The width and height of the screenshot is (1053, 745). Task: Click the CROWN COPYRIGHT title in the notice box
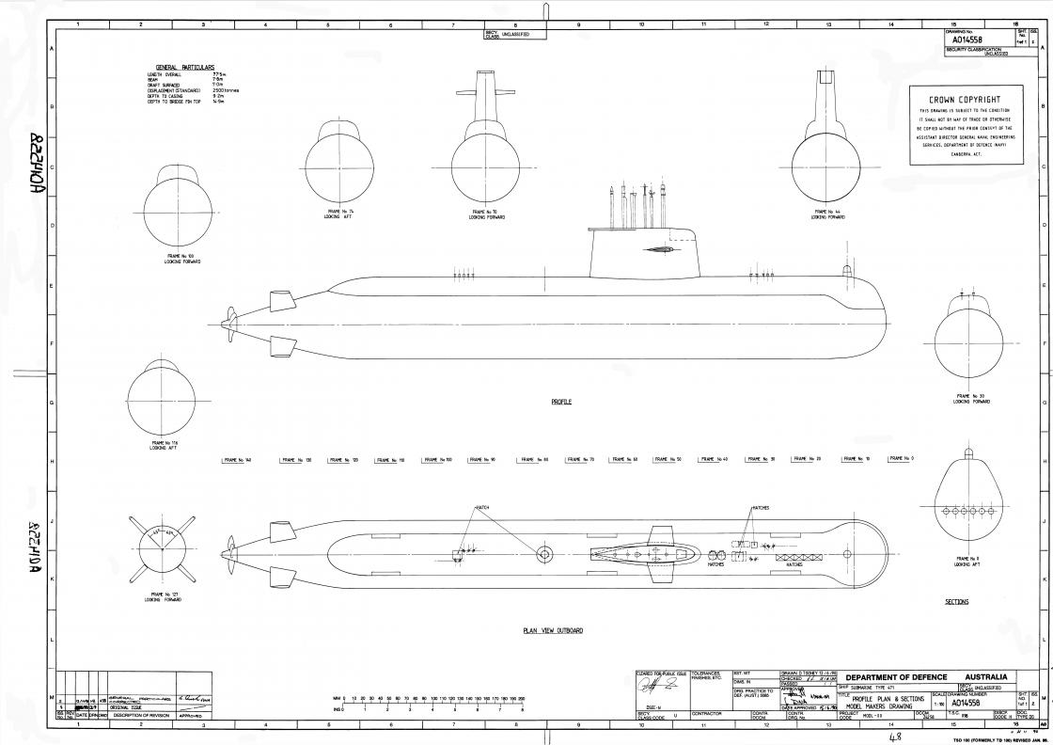[x=964, y=99]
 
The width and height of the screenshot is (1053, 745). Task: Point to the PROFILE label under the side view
[x=561, y=402]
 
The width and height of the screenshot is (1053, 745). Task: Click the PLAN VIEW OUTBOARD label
[x=553, y=630]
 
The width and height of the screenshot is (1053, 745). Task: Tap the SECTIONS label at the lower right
[x=956, y=601]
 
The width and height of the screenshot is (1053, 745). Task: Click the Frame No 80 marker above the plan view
[x=533, y=459]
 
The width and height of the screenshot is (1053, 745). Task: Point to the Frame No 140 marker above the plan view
[x=237, y=460]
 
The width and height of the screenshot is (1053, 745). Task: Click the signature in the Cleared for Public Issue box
[x=661, y=692]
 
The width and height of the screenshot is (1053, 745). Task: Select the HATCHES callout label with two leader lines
[x=760, y=507]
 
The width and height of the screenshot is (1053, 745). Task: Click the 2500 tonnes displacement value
[x=226, y=90]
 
